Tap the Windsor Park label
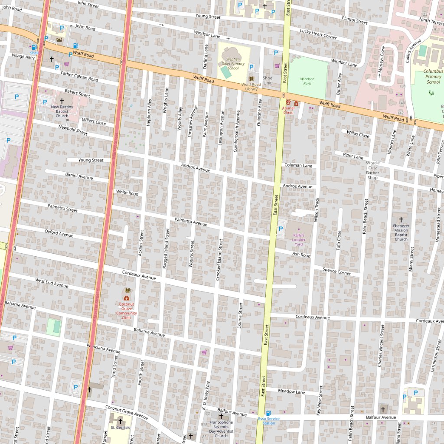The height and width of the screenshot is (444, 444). pos(307,81)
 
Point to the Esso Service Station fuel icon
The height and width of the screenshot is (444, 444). pos(268,413)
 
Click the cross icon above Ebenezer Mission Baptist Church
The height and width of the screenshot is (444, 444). pos(401,220)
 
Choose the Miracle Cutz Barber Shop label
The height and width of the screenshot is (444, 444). pos(372,170)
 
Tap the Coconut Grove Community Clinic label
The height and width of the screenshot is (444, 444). pos(126,311)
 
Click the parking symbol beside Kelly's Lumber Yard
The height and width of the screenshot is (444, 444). pos(281,229)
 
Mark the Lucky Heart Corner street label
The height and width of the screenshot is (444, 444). pos(318,34)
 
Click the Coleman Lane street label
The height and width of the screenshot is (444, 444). pos(298,166)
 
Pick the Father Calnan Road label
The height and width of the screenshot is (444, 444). pos(79,76)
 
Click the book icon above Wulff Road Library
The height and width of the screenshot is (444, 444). pos(251,78)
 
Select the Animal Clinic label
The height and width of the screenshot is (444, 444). pos(288,110)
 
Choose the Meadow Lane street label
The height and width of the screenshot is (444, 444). pos(291,392)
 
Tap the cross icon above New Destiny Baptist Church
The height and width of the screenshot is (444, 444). pos(62,101)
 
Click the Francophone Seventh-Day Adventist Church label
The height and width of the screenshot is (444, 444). pos(221,428)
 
